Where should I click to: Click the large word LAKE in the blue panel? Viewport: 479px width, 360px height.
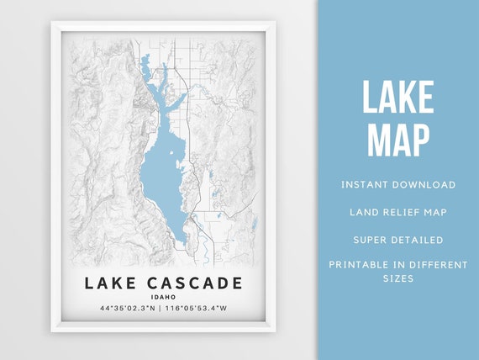pyautogui.click(x=397, y=99)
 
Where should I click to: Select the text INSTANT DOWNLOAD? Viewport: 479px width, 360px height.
pyautogui.click(x=398, y=184)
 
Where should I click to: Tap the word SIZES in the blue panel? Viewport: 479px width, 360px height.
pyautogui.click(x=398, y=278)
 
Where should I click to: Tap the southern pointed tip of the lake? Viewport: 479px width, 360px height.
pyautogui.click(x=181, y=243)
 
